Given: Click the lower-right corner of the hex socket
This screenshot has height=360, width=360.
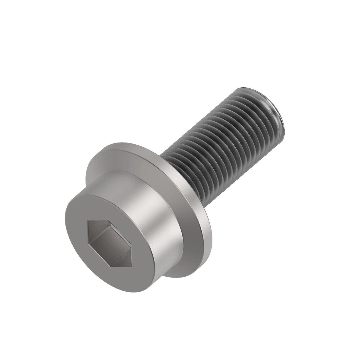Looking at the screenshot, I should [x=132, y=265].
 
